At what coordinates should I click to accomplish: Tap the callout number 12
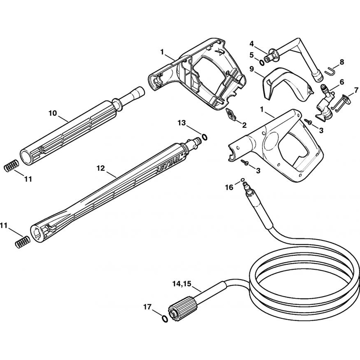[x=100, y=168]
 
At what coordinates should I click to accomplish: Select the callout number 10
[x=53, y=113]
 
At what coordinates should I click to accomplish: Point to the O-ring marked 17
[x=165, y=319]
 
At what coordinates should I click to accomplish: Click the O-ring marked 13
[x=204, y=137]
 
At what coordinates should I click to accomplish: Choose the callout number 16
[x=229, y=187]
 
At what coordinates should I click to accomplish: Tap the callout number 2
[x=244, y=125]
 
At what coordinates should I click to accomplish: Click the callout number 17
[x=147, y=307]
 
